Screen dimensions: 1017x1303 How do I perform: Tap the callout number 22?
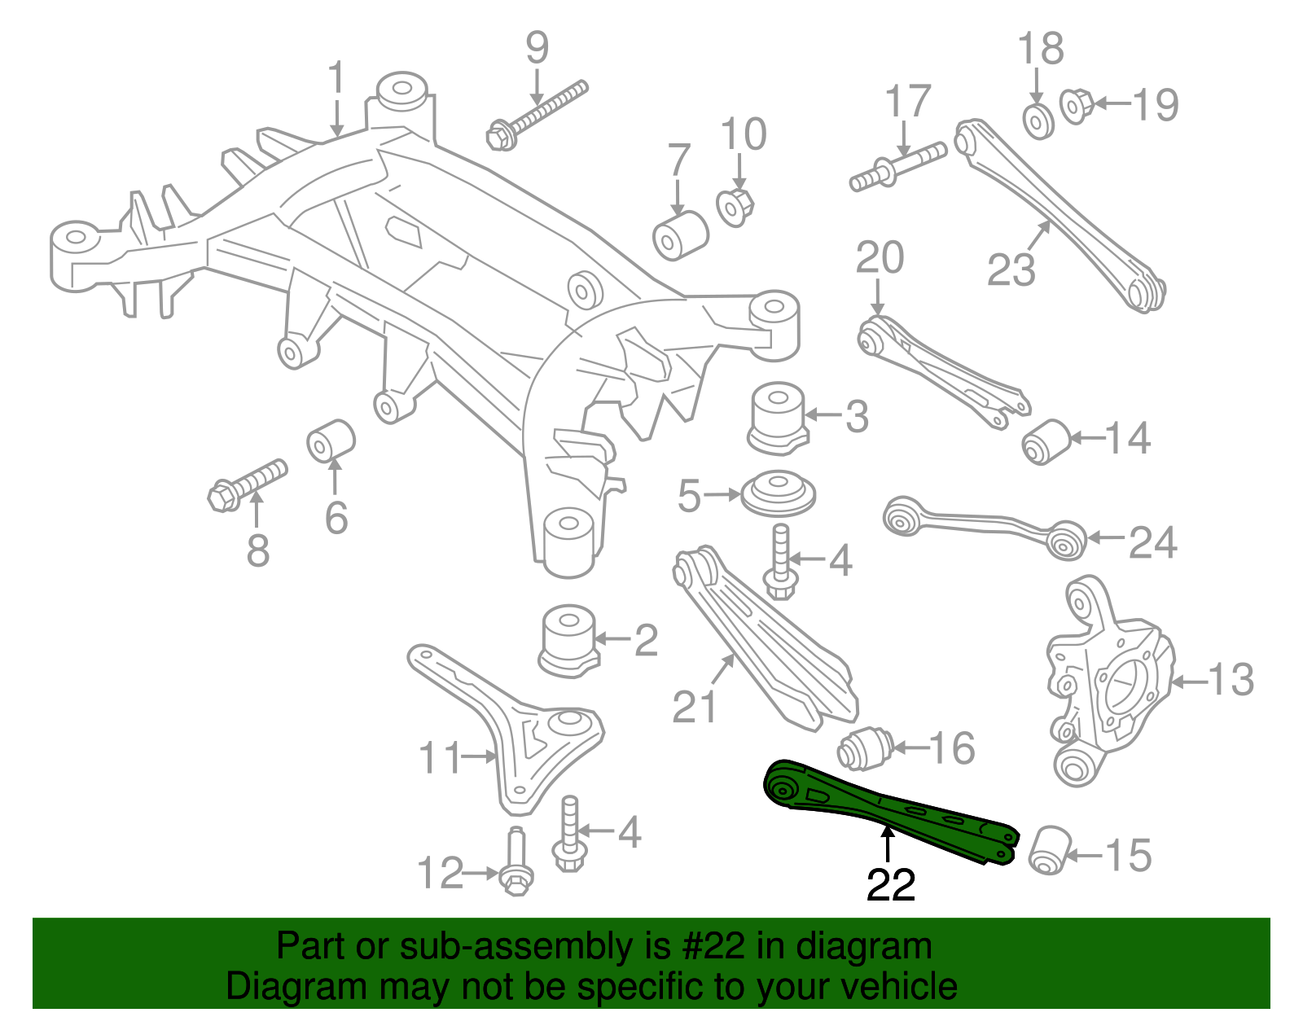pos(891,885)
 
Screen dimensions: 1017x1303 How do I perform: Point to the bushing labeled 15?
pos(1049,850)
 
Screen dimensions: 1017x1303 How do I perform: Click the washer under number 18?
pos(1038,121)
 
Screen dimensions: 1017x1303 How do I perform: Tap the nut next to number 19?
pos(1076,106)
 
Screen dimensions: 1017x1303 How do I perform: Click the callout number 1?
pos(336,78)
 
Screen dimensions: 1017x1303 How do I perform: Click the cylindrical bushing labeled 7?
pos(680,235)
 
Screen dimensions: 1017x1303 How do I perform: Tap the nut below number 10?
pos(735,206)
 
